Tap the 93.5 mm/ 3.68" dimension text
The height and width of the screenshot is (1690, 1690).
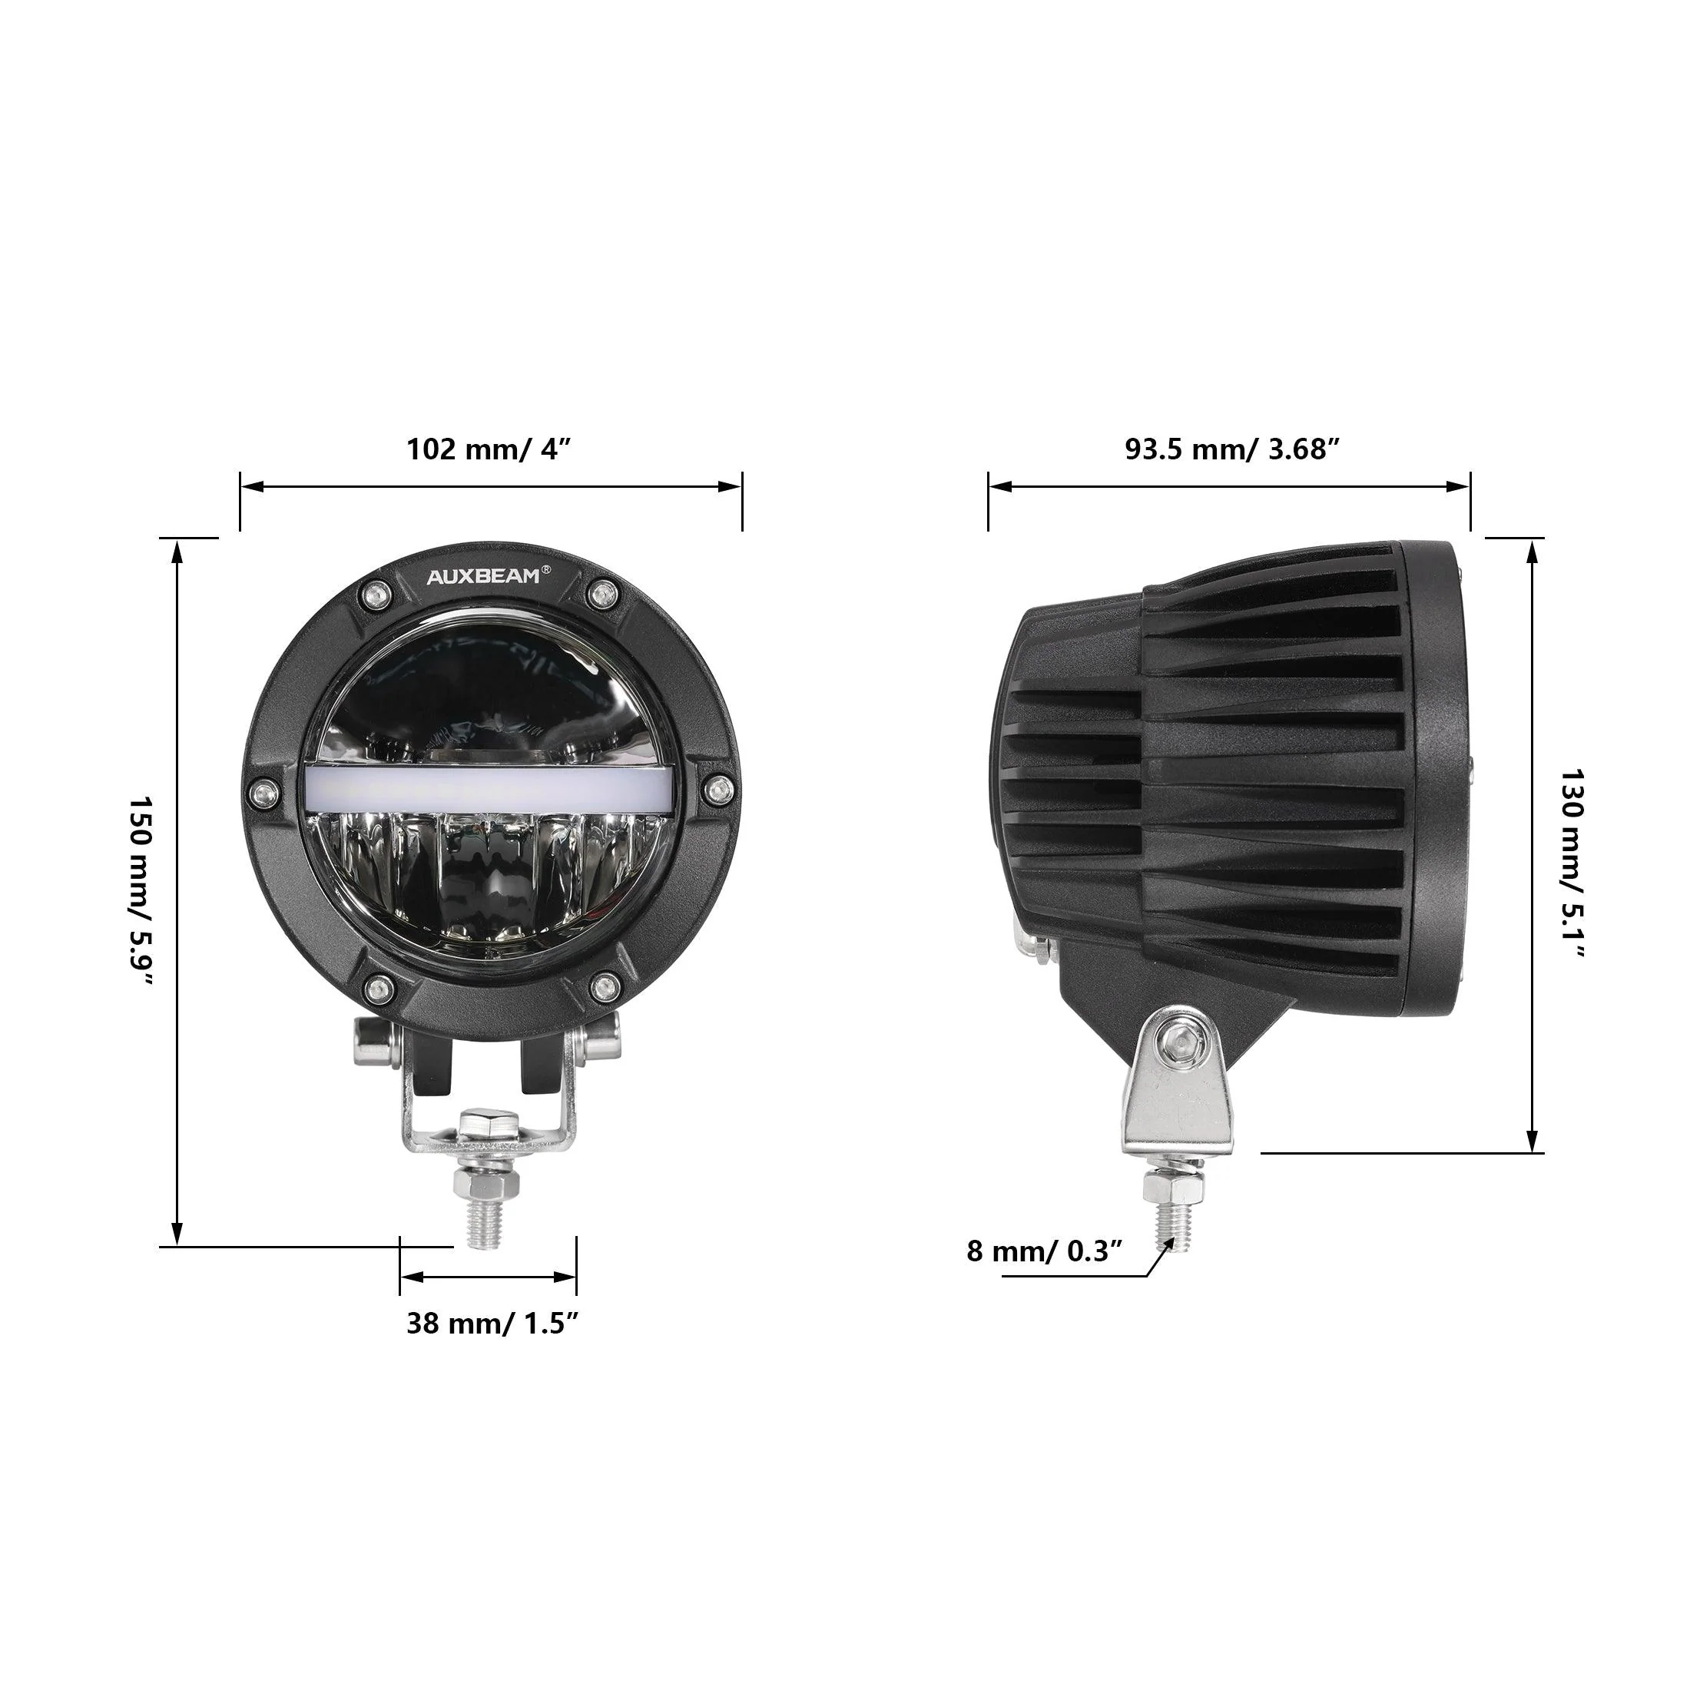click(x=1231, y=449)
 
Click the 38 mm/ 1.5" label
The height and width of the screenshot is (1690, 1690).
click(x=492, y=1324)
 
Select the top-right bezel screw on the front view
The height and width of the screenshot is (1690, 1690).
click(x=601, y=595)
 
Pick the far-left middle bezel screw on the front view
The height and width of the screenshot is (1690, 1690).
click(x=261, y=793)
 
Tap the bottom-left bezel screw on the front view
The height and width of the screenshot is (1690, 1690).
click(x=377, y=988)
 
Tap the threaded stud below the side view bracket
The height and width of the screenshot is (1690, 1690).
click(x=1172, y=1223)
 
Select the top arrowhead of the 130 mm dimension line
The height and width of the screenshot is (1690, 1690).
click(x=1532, y=551)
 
